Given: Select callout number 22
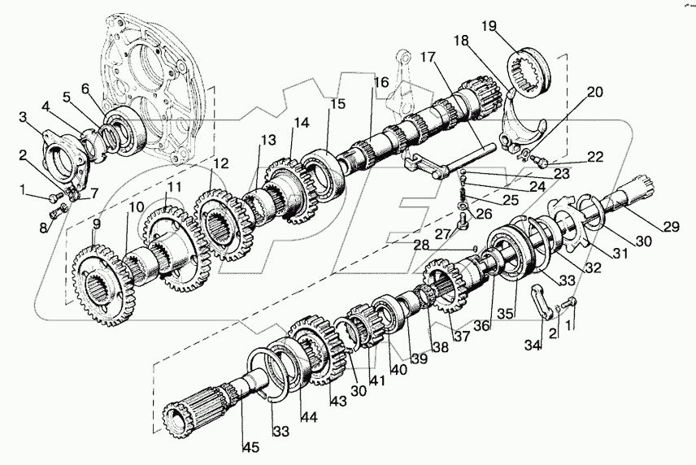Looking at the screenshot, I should [596, 155].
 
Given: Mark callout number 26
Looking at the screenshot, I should [486, 214].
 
